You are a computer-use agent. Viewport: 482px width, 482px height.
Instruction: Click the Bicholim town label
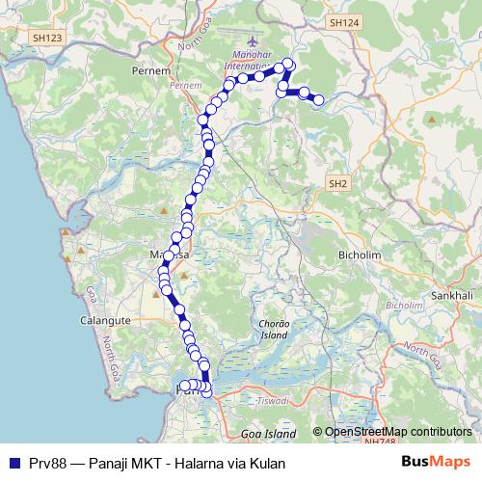[x=361, y=254]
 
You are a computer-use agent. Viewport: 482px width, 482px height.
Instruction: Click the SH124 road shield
[x=342, y=21]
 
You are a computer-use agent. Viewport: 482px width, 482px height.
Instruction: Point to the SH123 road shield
[x=45, y=38]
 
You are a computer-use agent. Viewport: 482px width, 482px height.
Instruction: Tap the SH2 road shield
[x=337, y=183]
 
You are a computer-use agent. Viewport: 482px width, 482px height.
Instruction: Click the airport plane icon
[x=254, y=42]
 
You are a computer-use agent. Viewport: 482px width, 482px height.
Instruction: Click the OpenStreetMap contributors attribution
[x=392, y=431]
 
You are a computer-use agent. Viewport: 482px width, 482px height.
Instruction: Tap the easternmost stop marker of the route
[x=318, y=99]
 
